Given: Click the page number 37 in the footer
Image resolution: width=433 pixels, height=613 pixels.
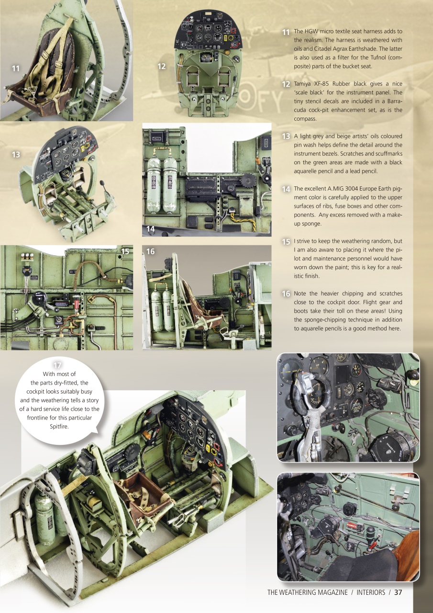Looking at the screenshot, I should [x=398, y=592].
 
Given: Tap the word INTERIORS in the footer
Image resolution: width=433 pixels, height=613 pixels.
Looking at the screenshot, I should [x=371, y=592].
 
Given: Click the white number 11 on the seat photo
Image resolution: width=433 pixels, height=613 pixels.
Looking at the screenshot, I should [x=16, y=68].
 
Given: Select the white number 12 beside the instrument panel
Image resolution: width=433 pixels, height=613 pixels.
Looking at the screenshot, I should [x=162, y=67].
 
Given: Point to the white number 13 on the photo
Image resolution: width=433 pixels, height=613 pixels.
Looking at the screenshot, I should [x=16, y=155].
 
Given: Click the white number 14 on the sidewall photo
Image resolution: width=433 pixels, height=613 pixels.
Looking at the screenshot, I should [x=151, y=229].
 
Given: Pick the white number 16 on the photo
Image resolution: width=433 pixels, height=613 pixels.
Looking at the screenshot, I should [x=150, y=251].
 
